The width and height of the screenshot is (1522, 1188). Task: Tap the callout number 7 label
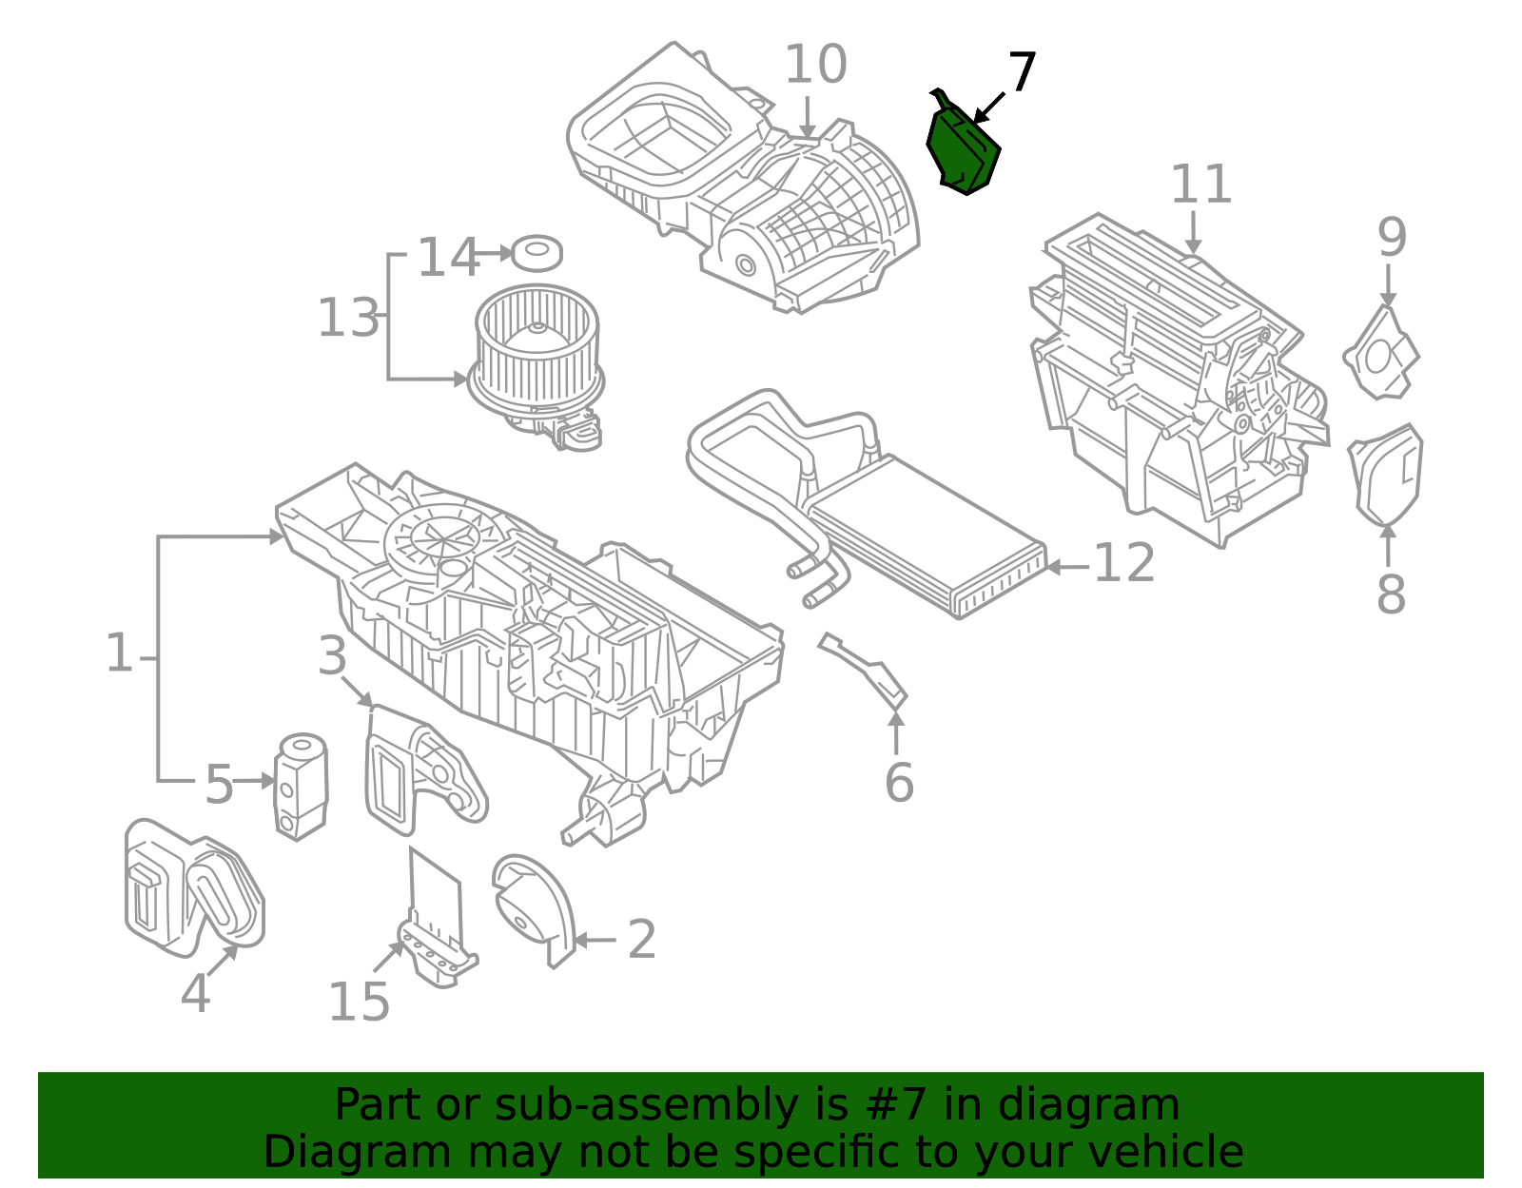[1021, 72]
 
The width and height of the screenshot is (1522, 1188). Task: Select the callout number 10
[815, 66]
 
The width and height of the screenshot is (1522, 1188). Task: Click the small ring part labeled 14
[537, 253]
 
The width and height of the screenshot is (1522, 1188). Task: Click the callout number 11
[1200, 185]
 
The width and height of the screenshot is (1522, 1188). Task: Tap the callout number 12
[1123, 564]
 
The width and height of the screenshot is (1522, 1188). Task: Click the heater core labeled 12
[927, 537]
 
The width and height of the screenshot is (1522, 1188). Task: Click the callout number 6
[899, 783]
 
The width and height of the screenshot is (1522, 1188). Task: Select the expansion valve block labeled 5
[301, 785]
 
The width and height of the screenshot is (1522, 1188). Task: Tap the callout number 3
[332, 656]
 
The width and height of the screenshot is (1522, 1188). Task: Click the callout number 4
[195, 994]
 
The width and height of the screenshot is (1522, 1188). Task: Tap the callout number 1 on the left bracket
[119, 653]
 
